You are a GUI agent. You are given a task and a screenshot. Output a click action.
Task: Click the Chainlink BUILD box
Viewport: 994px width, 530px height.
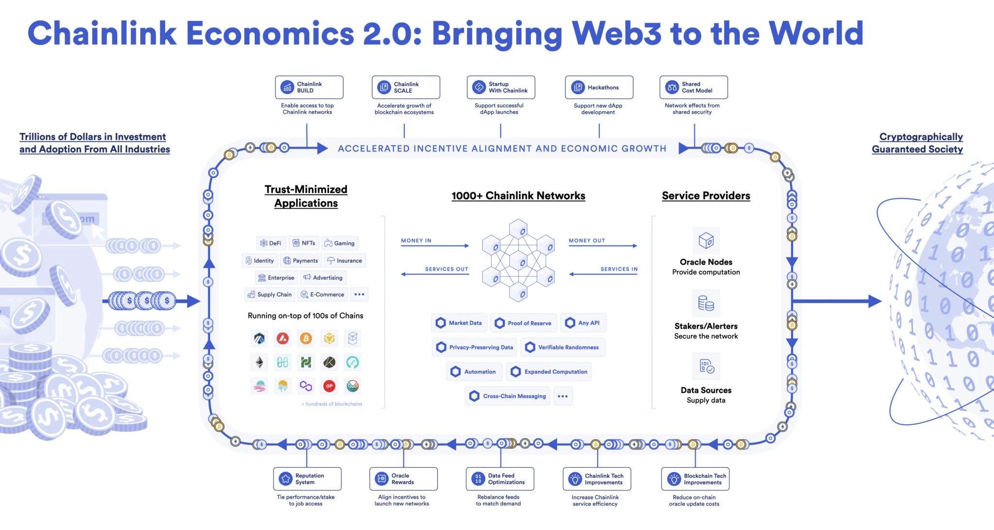309,87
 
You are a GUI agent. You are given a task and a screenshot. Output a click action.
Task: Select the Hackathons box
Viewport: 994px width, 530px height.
598,87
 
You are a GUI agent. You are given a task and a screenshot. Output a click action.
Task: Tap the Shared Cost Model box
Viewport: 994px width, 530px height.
693,87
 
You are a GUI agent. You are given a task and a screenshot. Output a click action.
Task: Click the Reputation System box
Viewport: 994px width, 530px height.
307,479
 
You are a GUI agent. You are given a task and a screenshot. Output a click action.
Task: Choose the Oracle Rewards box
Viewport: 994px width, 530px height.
403,479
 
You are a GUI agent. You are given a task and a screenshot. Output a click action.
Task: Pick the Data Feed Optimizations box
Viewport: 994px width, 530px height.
499,479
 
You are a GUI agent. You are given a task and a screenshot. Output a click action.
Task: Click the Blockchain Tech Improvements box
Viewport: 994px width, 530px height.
695,479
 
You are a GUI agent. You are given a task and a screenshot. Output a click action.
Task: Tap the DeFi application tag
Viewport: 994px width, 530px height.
271,243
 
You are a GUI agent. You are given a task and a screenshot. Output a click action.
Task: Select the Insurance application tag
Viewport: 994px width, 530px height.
345,261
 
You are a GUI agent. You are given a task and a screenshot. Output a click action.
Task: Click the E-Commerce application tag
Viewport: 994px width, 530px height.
322,295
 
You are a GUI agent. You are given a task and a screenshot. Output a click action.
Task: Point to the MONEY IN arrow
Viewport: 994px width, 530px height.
434,246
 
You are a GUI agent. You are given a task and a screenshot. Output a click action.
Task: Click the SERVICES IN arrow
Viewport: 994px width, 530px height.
603,274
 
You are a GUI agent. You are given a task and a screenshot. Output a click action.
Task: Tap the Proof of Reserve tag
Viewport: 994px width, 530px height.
523,323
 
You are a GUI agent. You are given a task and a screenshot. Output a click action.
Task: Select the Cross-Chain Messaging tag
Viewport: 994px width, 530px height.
508,396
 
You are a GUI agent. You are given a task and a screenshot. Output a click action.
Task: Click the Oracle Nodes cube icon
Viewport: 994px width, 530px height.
706,240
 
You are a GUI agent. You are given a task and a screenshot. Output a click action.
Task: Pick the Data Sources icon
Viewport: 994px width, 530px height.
706,366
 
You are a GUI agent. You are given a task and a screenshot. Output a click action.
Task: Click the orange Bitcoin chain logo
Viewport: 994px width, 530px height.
306,338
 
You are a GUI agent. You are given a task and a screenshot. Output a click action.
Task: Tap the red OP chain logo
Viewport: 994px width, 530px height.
329,386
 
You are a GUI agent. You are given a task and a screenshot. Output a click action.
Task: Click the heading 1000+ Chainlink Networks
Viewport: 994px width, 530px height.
518,196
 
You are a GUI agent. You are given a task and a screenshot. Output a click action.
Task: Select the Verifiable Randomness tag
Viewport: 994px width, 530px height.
563,348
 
